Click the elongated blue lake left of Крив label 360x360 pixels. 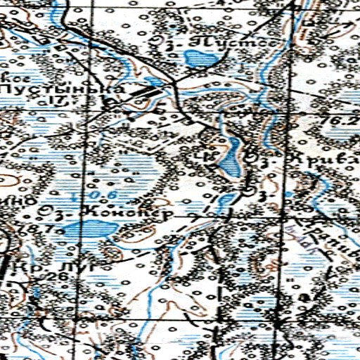[x=229, y=157]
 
